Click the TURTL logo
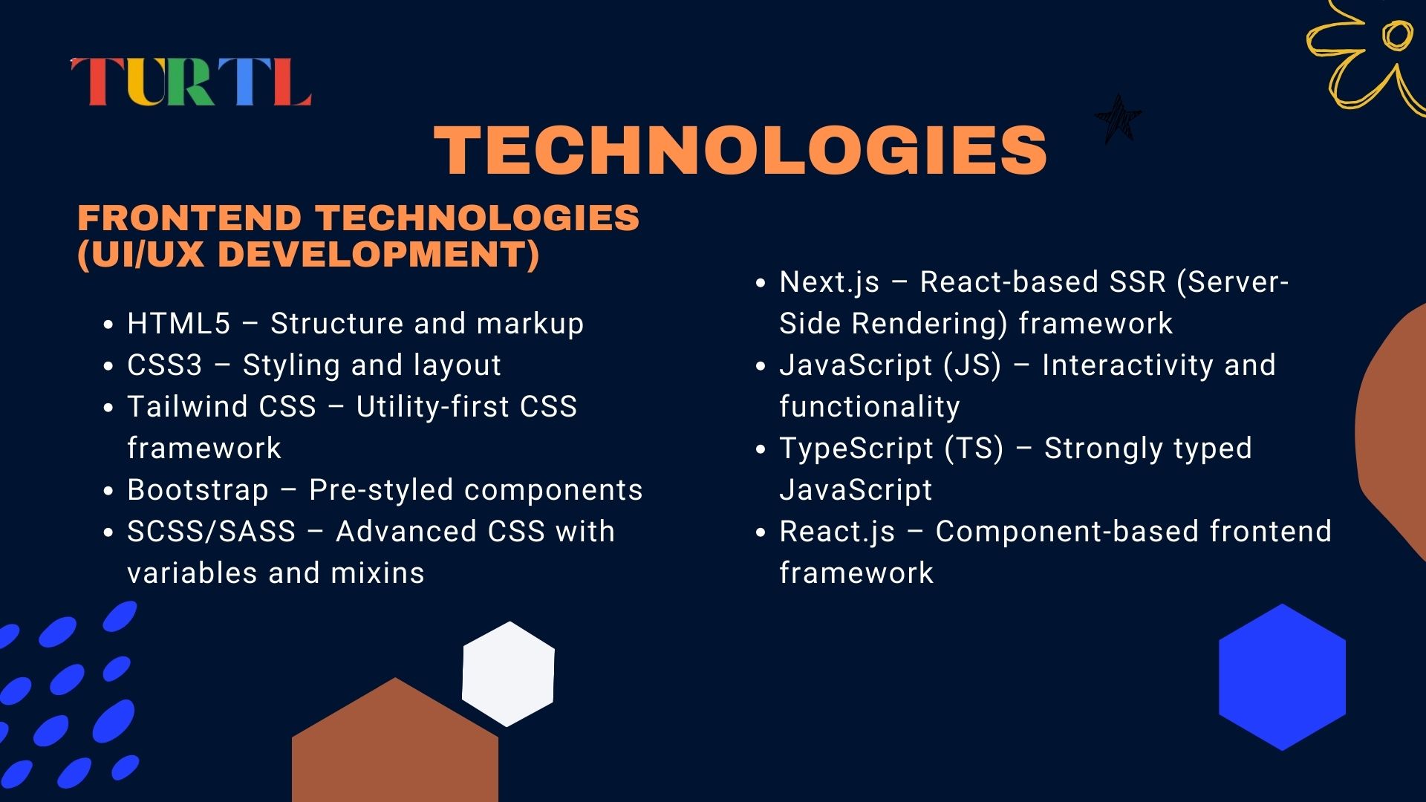191,82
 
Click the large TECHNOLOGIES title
740,151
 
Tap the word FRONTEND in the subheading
189,218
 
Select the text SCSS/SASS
212,532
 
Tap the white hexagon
509,674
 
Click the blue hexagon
1283,677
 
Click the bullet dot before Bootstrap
108,492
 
